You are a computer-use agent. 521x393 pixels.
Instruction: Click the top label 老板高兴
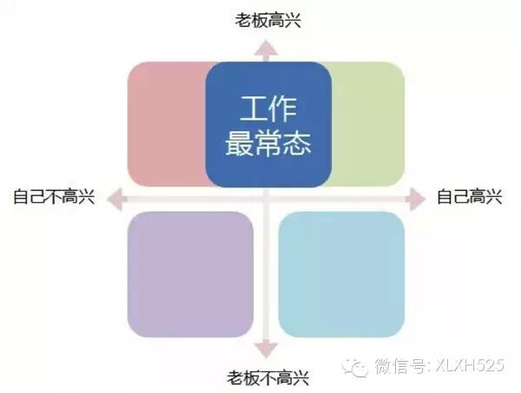[x=267, y=19]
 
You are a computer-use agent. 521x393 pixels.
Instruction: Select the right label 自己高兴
[x=470, y=197]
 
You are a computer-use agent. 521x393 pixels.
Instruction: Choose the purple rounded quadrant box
[x=190, y=274]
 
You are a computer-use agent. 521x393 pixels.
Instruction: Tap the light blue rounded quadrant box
[x=341, y=274]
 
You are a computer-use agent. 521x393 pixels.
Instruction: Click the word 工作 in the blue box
[x=268, y=109]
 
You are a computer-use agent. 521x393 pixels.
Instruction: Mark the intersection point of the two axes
[x=267, y=198]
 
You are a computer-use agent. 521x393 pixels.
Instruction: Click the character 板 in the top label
[x=259, y=19]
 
